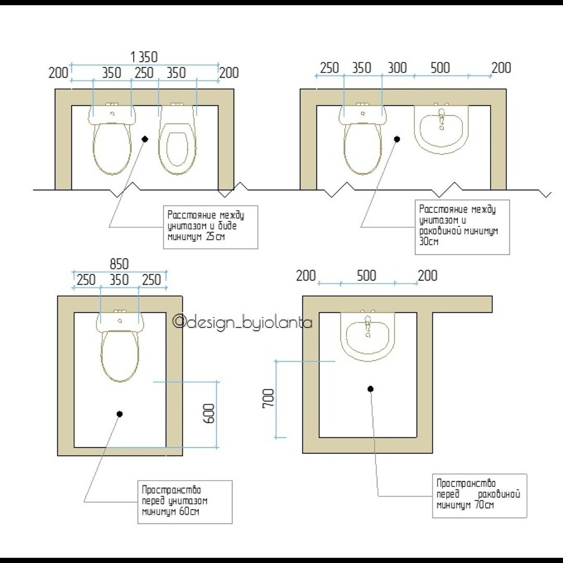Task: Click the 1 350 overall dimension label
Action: coord(144,57)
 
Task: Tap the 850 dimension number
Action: coord(119,264)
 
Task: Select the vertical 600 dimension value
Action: coord(209,413)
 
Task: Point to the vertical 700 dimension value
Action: coord(268,398)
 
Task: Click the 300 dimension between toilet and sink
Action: coord(397,67)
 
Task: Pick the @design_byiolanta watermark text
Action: coord(243,322)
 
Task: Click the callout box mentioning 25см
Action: coord(211,227)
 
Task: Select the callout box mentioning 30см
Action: coord(462,227)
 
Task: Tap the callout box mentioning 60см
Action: coord(185,502)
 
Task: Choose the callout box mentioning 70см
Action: coord(480,496)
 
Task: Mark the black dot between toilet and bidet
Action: coord(145,139)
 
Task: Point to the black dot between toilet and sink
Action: coord(397,139)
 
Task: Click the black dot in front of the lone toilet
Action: coord(120,414)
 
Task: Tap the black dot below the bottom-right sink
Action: coord(371,389)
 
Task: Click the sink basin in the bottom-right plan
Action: coord(368,336)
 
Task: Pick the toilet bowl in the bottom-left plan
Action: coord(120,356)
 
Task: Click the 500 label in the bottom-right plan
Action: coord(366,276)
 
